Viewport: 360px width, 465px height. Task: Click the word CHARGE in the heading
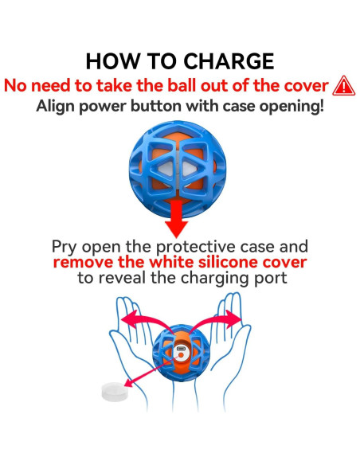pos(229,61)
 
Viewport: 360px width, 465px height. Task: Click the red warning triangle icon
pos(344,85)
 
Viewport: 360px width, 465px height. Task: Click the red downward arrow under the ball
pos(177,218)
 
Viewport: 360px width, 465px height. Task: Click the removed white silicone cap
pos(114,392)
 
